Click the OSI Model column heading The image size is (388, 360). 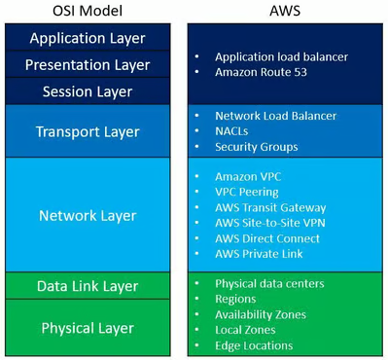(88, 11)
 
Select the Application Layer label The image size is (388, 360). (88, 39)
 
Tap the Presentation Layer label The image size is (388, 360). (88, 65)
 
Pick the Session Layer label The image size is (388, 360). (88, 91)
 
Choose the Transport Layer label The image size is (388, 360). (88, 131)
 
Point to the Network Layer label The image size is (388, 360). (88, 215)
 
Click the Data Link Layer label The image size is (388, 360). (88, 286)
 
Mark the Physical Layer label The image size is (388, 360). (88, 328)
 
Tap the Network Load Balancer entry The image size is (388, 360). (275, 116)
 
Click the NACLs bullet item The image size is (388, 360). (232, 131)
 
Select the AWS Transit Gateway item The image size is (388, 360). (270, 207)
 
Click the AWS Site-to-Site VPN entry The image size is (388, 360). (274, 223)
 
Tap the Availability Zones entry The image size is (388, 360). (261, 314)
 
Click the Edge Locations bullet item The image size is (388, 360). (254, 345)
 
